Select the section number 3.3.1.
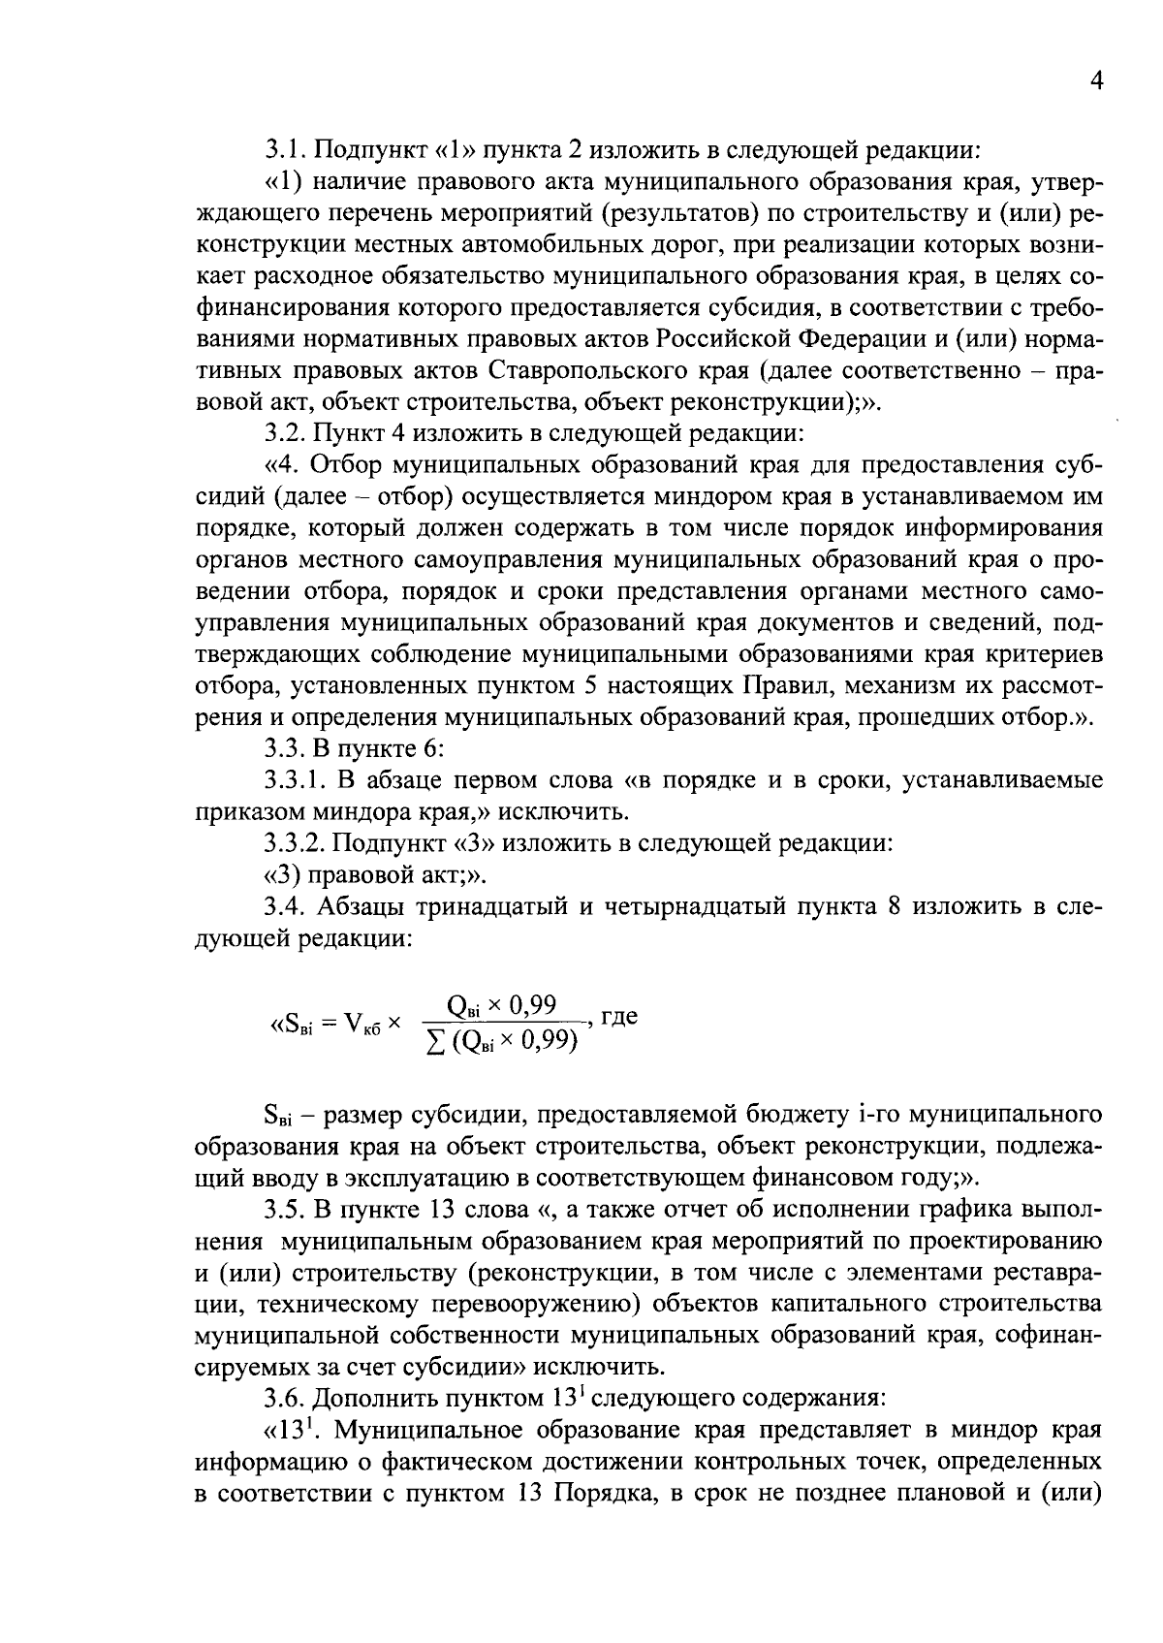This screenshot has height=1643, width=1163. (x=297, y=780)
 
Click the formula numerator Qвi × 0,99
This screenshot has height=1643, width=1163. (x=502, y=1005)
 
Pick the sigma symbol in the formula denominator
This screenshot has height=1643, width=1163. (x=435, y=1043)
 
